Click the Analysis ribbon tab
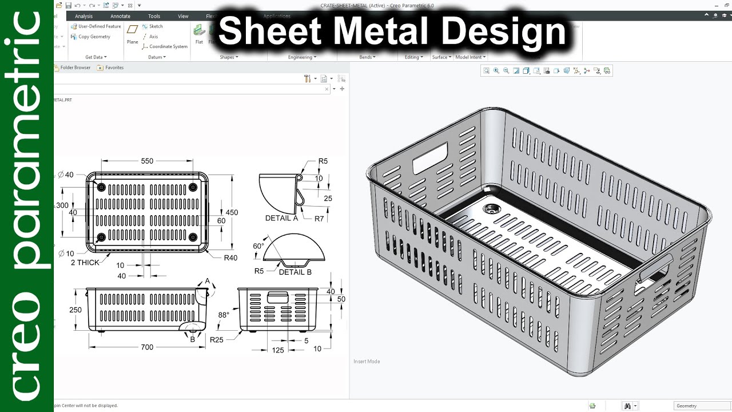[x=83, y=16]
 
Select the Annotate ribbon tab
[x=120, y=16]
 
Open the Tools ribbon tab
[x=154, y=16]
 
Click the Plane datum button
[x=133, y=34]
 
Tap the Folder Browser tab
[x=73, y=68]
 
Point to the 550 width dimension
[x=147, y=161]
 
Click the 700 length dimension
[x=147, y=347]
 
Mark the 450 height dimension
[x=232, y=212]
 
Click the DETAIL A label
[x=281, y=218]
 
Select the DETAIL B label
[x=295, y=272]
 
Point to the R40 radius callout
[x=230, y=257]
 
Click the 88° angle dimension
[x=223, y=315]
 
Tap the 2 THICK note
[x=85, y=263]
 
